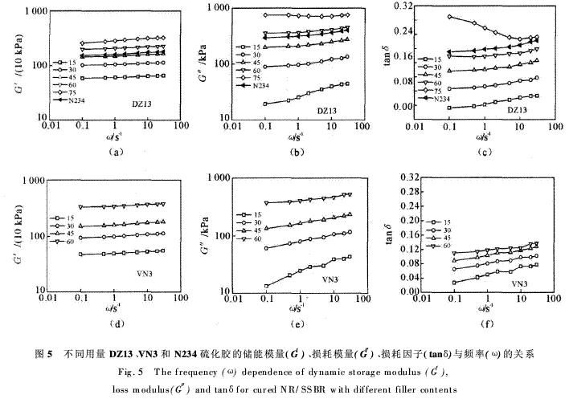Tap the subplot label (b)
(x=297, y=152)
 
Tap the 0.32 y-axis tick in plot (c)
(x=404, y=6)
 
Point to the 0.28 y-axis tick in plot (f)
(x=404, y=190)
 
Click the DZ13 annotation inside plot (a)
(x=144, y=104)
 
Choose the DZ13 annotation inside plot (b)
(x=325, y=110)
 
